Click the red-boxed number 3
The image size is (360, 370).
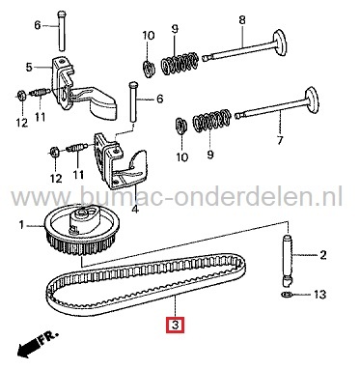click(x=174, y=326)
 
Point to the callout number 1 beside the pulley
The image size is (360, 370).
click(x=19, y=226)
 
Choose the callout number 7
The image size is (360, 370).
click(x=280, y=140)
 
